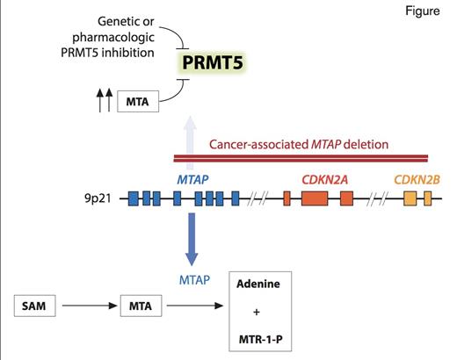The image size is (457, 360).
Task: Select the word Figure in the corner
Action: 426,14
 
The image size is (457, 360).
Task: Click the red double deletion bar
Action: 299,159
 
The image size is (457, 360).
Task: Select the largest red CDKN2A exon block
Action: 314,198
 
